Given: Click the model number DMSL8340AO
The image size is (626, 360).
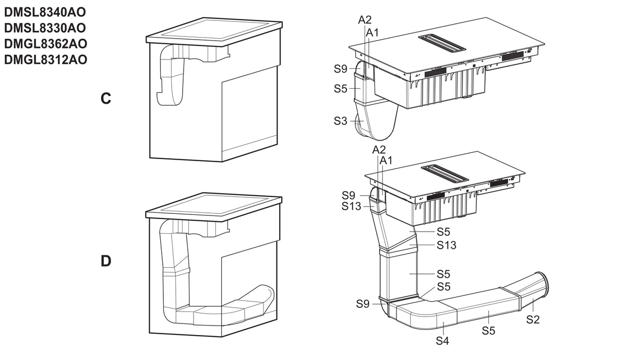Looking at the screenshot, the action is (45, 12).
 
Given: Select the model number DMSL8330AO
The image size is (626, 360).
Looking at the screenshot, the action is (45, 28).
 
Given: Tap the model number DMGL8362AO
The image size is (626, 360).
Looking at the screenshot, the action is (45, 44).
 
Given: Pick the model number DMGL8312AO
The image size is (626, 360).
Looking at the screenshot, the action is (45, 59).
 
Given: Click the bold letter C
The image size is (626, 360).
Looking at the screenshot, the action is (106, 99).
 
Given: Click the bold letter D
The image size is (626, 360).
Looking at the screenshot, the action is (106, 261).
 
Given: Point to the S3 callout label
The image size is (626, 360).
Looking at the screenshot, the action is (340, 121).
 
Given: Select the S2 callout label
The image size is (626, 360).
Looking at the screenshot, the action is (533, 319).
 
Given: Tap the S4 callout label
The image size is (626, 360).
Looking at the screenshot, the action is (442, 341).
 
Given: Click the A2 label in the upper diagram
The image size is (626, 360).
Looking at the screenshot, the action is (365, 20).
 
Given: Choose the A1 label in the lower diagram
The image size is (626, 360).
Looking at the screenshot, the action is (386, 161).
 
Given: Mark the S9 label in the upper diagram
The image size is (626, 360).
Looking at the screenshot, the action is (340, 68).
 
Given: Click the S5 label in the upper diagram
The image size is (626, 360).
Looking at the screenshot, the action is (340, 89).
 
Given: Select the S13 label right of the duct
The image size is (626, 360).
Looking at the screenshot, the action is (447, 245).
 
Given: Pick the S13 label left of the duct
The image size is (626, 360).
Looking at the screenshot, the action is (351, 206).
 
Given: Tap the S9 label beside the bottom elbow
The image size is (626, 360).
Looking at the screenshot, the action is (363, 304).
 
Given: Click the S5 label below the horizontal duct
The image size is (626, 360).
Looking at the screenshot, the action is (488, 331).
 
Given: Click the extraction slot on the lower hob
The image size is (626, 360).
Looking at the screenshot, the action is (445, 173).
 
